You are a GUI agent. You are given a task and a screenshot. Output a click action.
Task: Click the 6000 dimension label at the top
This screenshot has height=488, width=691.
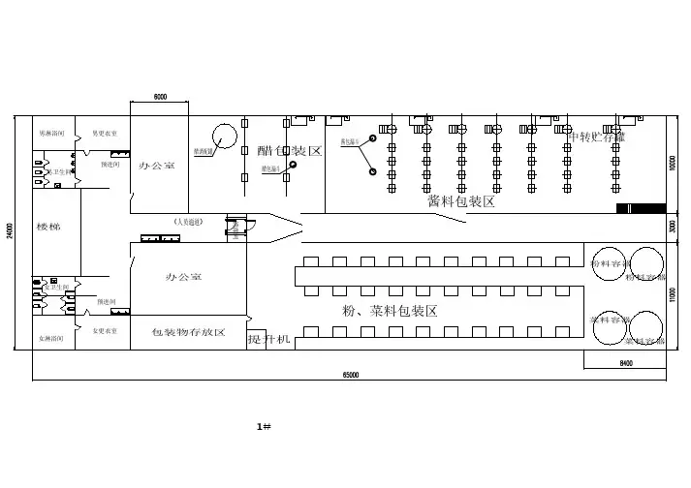pyautogui.click(x=160, y=97)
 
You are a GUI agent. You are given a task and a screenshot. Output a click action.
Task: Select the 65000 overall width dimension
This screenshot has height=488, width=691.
pyautogui.click(x=350, y=374)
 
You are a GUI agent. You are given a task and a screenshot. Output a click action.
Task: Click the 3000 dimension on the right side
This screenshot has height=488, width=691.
pyautogui.click(x=673, y=226)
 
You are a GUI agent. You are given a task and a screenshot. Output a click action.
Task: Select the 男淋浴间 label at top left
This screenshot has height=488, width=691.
pyautogui.click(x=51, y=133)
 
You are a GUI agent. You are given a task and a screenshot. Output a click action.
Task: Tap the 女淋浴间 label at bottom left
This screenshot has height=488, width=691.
pyautogui.click(x=51, y=337)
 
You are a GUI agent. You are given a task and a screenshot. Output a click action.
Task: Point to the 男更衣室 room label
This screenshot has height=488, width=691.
pyautogui.click(x=105, y=133)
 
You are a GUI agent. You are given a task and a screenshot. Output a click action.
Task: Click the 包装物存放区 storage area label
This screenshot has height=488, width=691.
pyautogui.click(x=188, y=332)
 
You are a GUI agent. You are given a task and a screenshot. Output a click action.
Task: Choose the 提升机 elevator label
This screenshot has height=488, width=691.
pyautogui.click(x=268, y=339)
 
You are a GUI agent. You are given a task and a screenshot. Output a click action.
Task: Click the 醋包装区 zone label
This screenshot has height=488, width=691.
pyautogui.click(x=289, y=150)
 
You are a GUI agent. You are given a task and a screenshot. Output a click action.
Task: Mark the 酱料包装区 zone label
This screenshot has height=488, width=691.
pyautogui.click(x=461, y=201)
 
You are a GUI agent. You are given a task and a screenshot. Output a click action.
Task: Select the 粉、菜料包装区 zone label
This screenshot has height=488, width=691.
pyautogui.click(x=390, y=311)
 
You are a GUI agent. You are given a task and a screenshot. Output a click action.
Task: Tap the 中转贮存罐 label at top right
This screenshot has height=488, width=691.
pyautogui.click(x=596, y=137)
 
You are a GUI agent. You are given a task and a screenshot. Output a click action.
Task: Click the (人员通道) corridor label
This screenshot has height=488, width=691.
pyautogui.click(x=188, y=222)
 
